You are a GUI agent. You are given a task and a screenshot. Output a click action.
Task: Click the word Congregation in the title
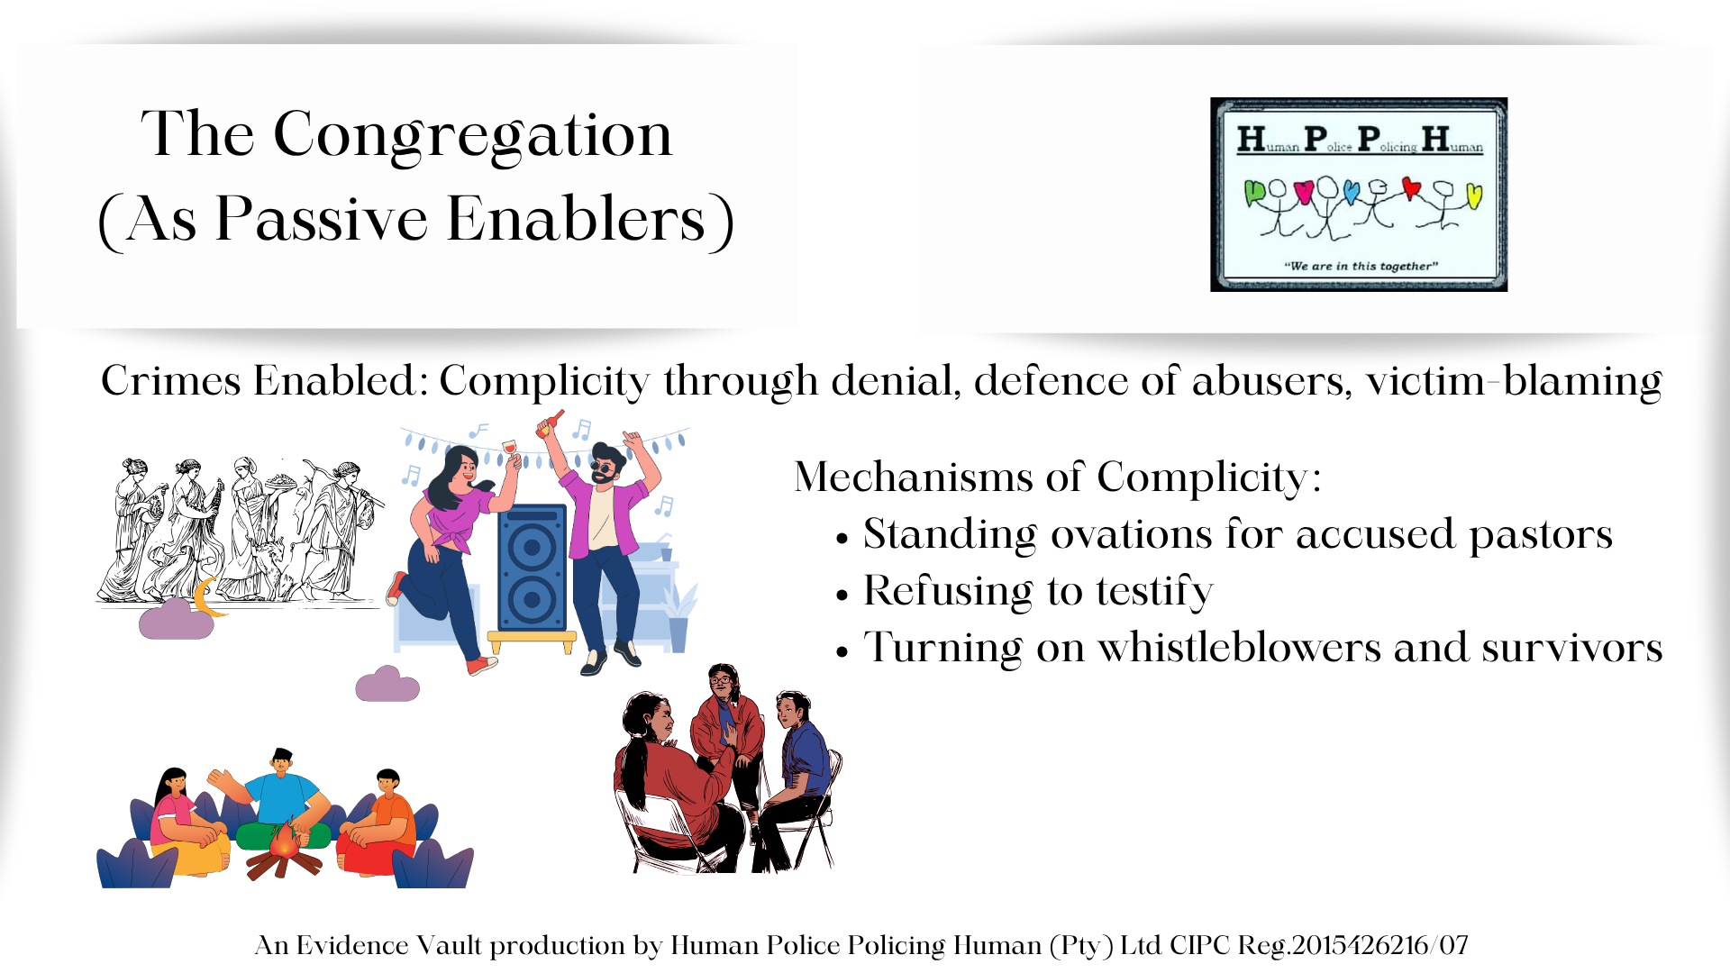[472, 135]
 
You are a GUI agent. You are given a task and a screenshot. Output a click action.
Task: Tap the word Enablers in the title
[577, 219]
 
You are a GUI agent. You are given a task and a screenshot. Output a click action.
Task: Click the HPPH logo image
[1359, 195]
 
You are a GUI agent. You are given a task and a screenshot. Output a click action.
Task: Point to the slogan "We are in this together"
[1361, 266]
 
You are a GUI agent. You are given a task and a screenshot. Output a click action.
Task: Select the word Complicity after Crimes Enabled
[544, 382]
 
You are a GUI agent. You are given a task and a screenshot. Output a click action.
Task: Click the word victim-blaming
[1514, 382]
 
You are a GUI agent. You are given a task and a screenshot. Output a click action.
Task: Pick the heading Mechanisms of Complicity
[1057, 477]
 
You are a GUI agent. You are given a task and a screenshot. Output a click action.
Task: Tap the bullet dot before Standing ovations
[842, 540]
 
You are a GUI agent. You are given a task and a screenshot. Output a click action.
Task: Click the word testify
[1154, 592]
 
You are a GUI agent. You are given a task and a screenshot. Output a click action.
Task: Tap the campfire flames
[285, 840]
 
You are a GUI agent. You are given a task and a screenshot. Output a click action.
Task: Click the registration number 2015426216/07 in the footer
[1379, 945]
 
